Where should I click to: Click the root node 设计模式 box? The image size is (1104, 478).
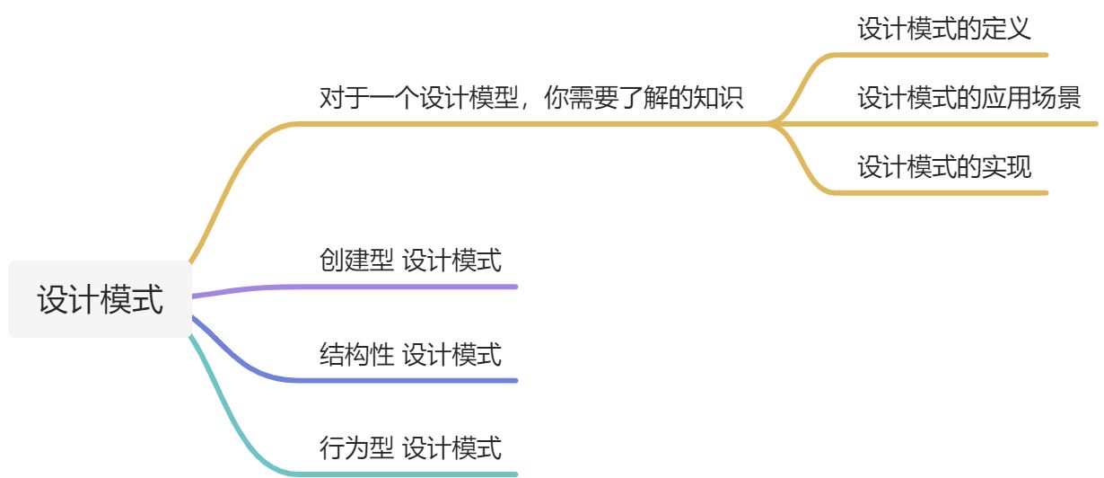(x=100, y=299)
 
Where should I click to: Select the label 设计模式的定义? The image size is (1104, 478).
(x=943, y=29)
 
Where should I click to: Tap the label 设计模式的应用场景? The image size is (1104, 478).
(x=968, y=97)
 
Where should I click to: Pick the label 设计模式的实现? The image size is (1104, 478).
(x=944, y=167)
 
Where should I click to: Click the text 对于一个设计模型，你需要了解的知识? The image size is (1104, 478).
(x=531, y=97)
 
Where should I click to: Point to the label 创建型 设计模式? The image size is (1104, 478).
(x=410, y=261)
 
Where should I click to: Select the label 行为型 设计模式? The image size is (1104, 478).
(x=410, y=447)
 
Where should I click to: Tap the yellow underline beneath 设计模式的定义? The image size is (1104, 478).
(x=942, y=55)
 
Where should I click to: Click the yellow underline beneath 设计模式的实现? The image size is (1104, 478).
(x=942, y=192)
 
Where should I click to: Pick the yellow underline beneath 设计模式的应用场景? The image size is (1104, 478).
(x=969, y=123)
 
